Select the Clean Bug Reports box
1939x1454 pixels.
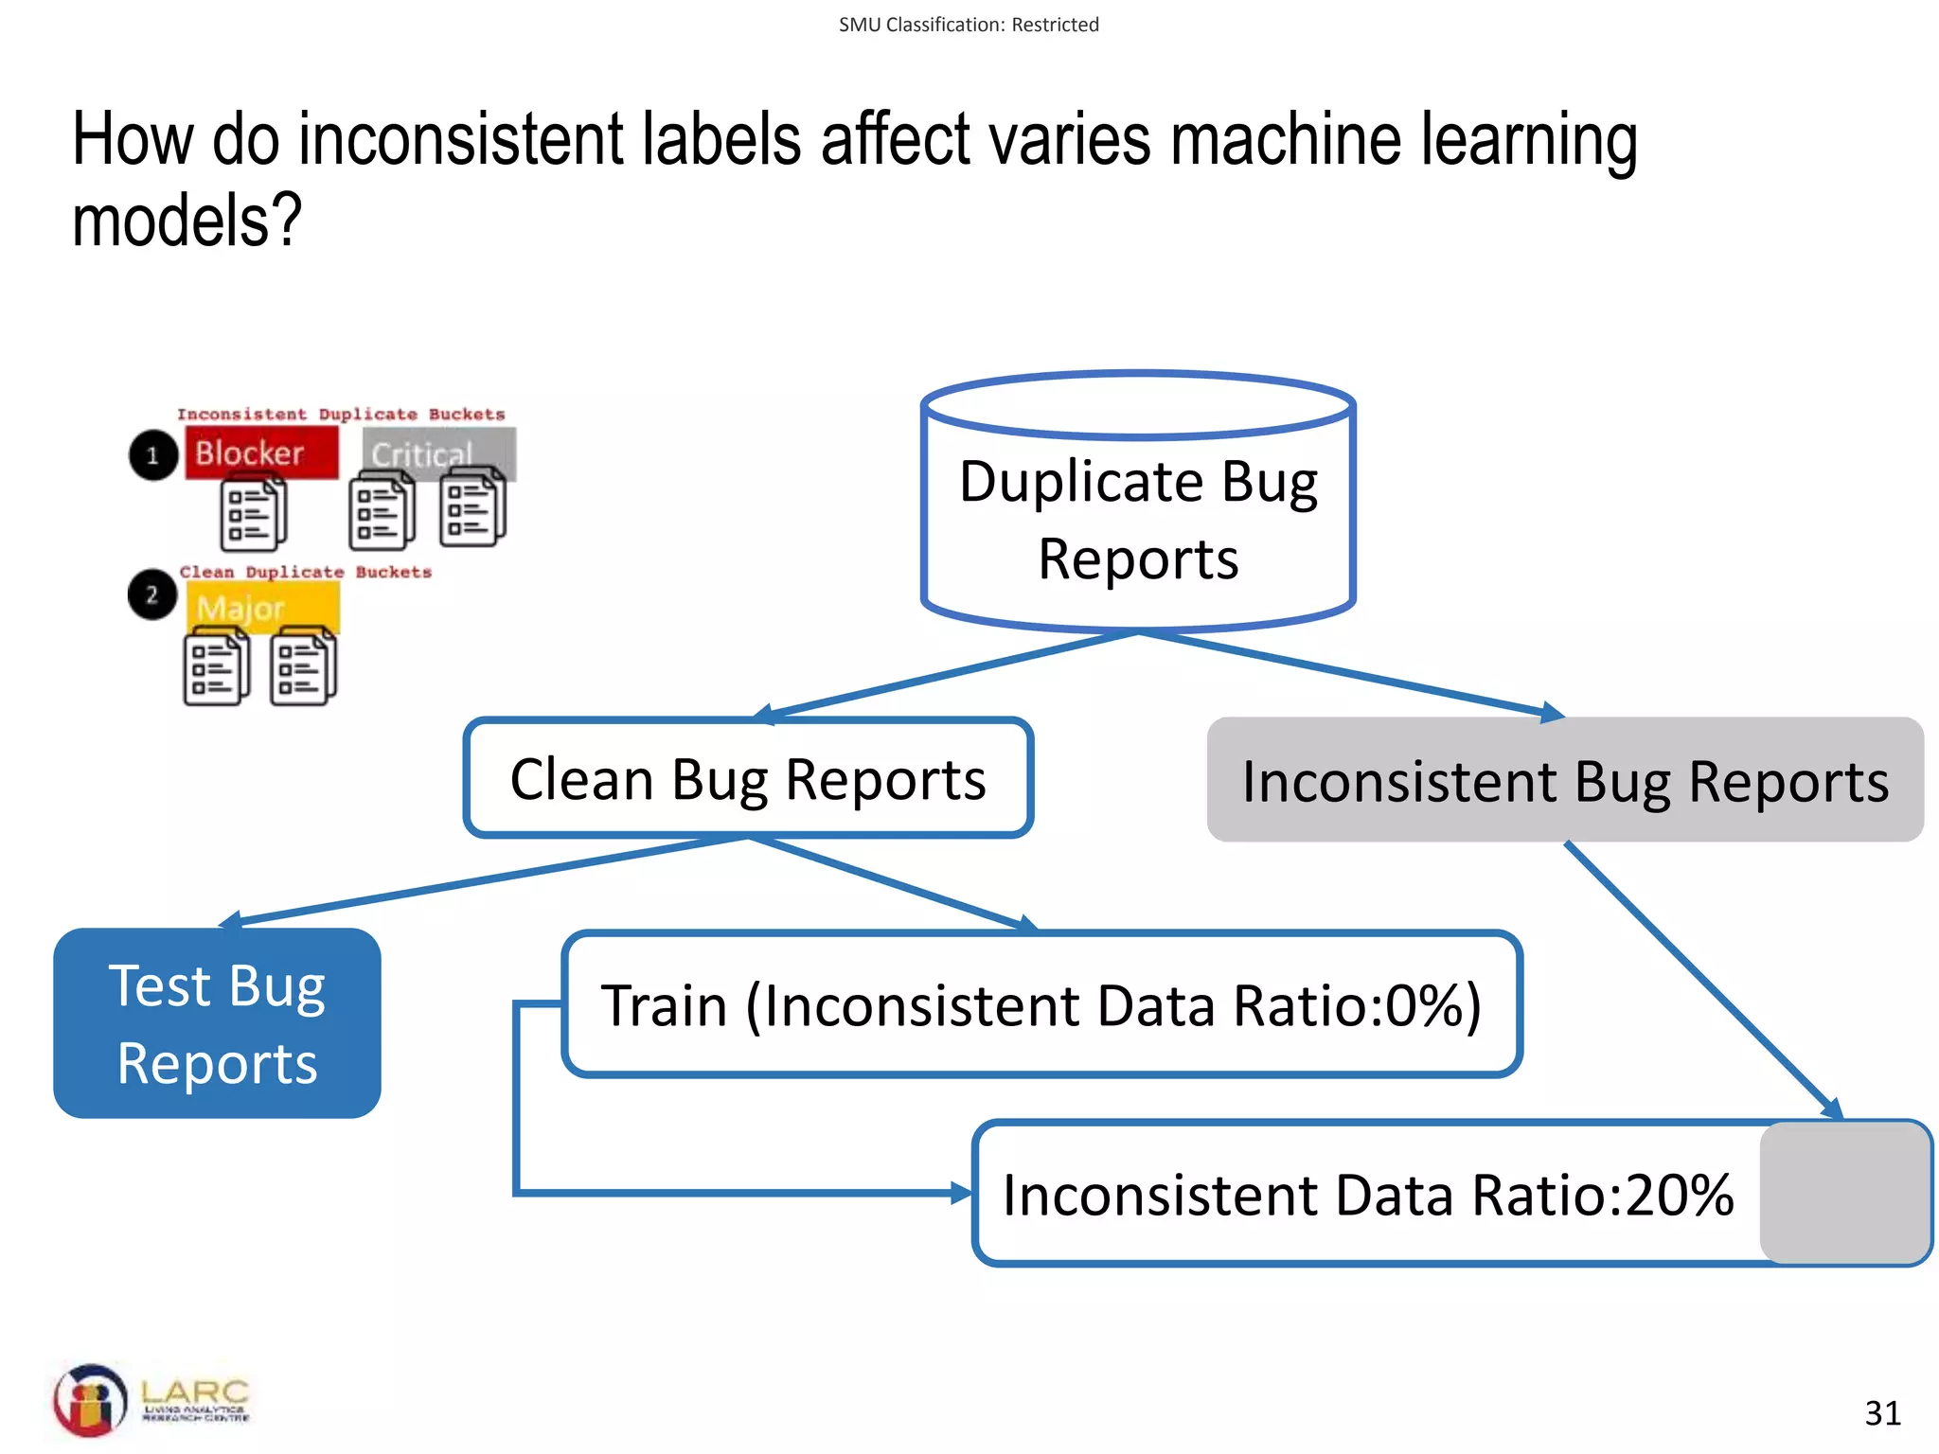pos(748,779)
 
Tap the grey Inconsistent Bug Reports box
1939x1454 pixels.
pos(1564,781)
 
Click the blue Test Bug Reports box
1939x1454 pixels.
pos(217,1023)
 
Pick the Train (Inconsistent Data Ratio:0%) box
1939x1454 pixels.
pos(1041,1004)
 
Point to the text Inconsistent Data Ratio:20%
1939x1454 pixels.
pos(1367,1195)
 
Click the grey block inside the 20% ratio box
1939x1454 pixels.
pos(1844,1193)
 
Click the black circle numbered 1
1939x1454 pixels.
pos(153,455)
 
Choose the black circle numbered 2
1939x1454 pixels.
pos(151,595)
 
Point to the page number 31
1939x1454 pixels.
pos(1882,1413)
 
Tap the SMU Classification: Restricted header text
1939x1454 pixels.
pos(969,25)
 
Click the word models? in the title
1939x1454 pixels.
pos(187,220)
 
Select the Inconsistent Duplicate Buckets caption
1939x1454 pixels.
pos(341,415)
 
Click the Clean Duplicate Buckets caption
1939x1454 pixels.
pos(305,572)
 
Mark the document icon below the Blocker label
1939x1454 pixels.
pos(253,515)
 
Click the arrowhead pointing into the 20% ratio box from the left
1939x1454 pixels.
pos(962,1194)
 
